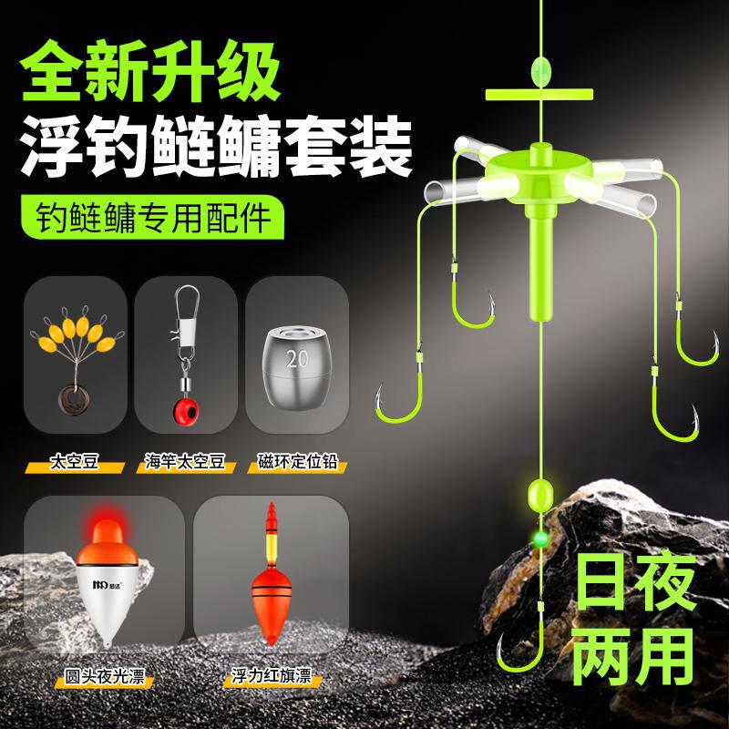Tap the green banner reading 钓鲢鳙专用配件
tap(153, 217)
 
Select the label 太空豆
tap(75, 462)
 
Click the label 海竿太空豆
tap(185, 462)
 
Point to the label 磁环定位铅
tap(298, 462)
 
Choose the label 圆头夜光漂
tap(105, 676)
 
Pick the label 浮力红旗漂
tap(272, 676)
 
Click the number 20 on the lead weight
tap(298, 358)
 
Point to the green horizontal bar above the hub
tap(539, 95)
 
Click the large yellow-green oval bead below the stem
tap(540, 496)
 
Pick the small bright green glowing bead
tap(540, 539)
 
